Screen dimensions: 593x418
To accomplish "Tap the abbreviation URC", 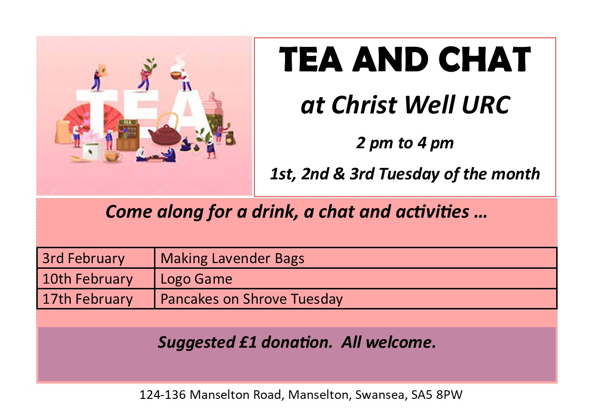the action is pos(486,105).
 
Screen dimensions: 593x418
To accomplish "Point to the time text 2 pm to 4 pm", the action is pos(405,143).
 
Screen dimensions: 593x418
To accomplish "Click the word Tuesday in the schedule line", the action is pos(409,175).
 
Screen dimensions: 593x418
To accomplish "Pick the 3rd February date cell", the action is pos(96,258).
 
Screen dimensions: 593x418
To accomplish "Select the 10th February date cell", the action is pos(96,278).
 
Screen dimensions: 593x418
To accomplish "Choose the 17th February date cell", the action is pos(96,299).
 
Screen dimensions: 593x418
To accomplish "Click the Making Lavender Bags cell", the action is pos(356,258).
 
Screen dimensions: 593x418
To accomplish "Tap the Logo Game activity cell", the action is pos(356,278).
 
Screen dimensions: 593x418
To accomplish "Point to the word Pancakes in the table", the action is pos(190,299).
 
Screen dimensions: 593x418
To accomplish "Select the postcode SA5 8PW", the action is pos(437,395).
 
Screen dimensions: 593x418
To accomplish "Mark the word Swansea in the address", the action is pos(380,395).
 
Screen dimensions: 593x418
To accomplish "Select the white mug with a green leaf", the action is pos(92,152).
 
